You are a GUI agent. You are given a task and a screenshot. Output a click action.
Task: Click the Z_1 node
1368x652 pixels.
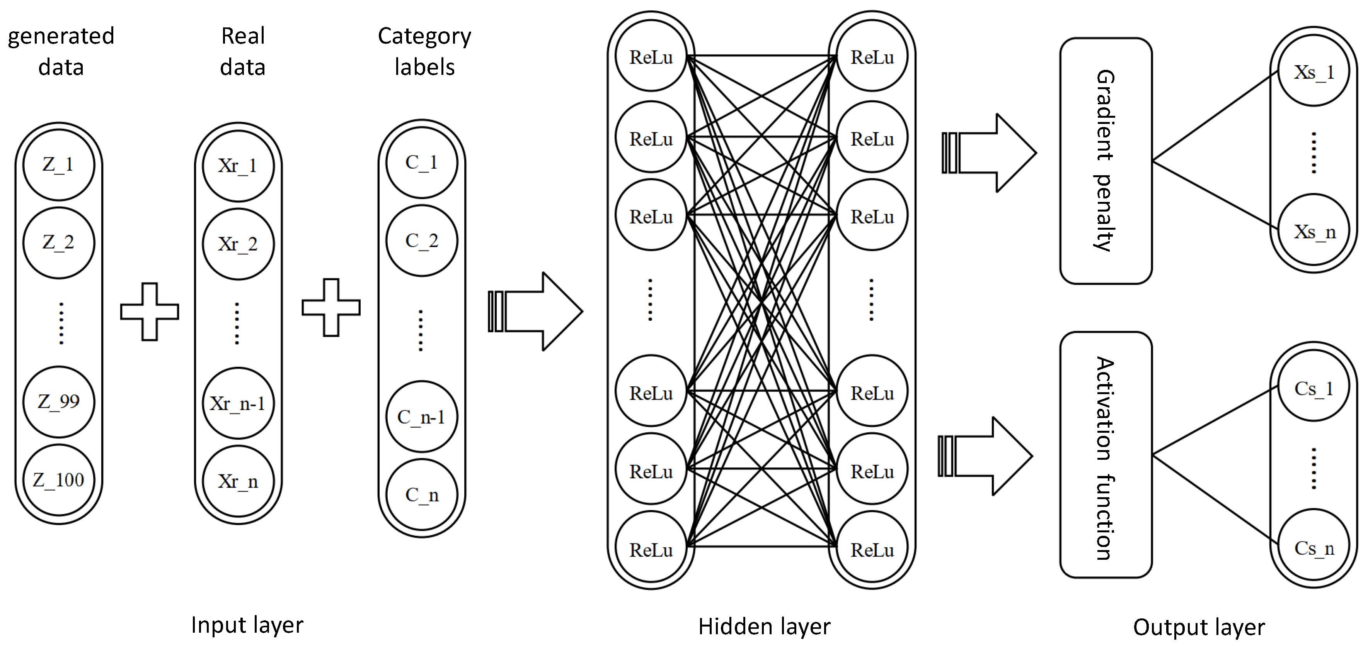point(58,164)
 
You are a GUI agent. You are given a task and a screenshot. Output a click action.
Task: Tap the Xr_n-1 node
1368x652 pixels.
point(238,404)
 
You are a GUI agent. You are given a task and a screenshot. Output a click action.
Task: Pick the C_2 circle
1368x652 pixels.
point(422,240)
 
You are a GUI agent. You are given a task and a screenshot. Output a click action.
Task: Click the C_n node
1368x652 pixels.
point(422,495)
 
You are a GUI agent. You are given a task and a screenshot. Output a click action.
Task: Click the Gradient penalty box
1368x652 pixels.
point(1106,161)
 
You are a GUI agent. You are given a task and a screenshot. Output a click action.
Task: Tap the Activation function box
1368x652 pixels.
point(1106,455)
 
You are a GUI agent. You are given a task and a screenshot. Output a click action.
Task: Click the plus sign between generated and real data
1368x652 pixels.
point(150,312)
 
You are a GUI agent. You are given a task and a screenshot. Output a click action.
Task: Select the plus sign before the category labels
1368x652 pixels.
point(331,307)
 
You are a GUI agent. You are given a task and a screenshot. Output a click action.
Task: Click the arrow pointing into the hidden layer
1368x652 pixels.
point(537,312)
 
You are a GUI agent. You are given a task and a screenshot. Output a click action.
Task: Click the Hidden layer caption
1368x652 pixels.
point(764,627)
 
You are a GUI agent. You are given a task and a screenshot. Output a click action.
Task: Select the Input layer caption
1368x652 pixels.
point(247,625)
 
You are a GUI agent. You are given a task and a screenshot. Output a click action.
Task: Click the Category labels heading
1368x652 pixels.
point(424,51)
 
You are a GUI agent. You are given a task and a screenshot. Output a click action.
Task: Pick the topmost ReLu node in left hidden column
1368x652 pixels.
point(651,57)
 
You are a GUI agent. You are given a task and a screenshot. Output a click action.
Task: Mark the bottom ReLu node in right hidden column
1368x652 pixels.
point(872,550)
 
